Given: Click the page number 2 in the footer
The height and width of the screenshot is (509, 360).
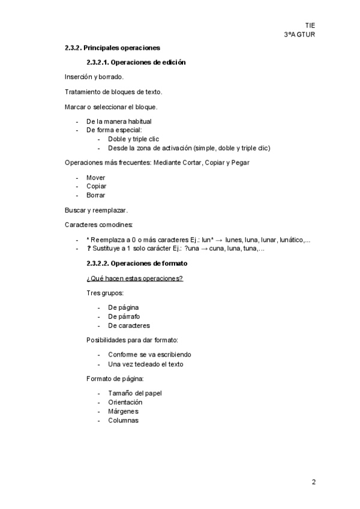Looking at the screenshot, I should click(x=313, y=482).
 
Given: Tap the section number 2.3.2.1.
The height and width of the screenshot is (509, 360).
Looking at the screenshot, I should click(x=98, y=62).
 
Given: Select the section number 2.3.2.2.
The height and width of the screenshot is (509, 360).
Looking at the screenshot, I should click(x=98, y=264).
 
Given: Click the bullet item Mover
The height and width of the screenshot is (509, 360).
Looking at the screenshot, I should click(x=96, y=178).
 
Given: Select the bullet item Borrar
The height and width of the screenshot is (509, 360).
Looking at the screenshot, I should click(x=96, y=195).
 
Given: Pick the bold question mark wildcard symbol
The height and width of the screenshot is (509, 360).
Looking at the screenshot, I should click(x=89, y=248).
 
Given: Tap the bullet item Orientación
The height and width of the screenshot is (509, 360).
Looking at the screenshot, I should click(x=125, y=402).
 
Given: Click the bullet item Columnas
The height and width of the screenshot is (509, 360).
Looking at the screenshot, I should click(x=123, y=420).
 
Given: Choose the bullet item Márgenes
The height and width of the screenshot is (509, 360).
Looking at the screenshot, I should click(x=123, y=411).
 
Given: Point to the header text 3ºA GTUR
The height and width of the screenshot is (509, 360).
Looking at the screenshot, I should click(x=299, y=34).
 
